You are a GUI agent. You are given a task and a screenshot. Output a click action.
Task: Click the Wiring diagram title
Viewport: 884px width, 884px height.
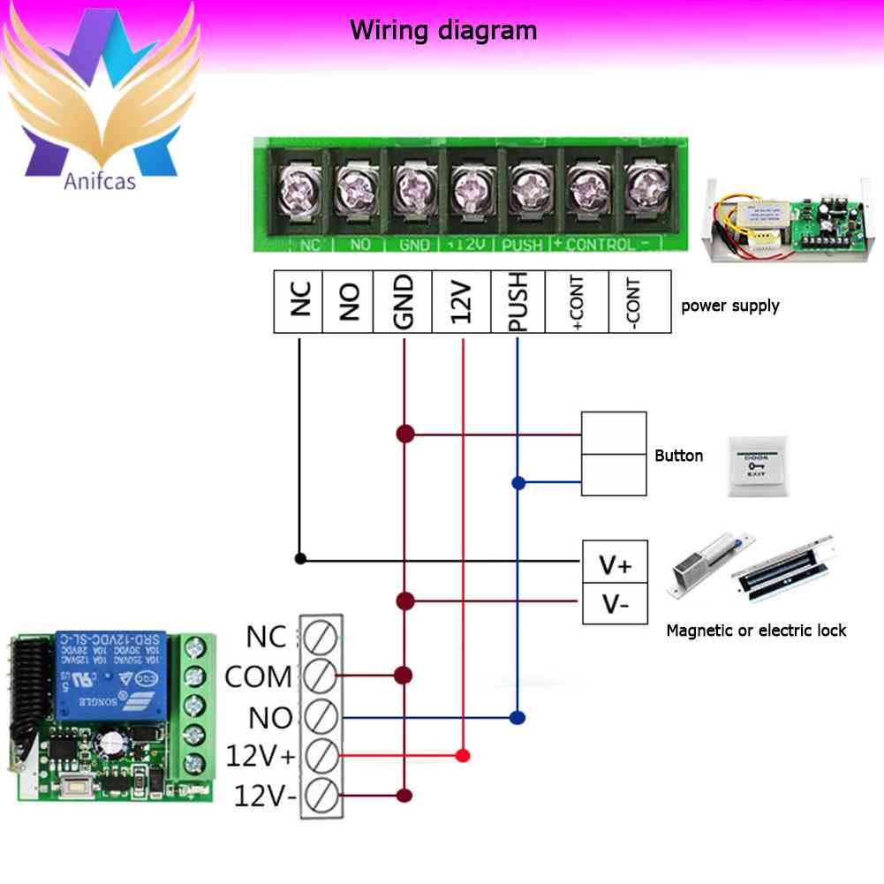click(x=443, y=31)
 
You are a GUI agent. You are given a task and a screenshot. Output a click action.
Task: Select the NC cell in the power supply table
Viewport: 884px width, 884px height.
click(x=298, y=302)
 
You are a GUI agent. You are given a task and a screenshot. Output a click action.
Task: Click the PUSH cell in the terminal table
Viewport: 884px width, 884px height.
click(x=518, y=302)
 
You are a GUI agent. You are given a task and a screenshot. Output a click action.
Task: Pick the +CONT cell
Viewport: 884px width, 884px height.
click(x=578, y=302)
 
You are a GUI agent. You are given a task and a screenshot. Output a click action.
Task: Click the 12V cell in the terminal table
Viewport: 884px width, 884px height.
click(x=462, y=302)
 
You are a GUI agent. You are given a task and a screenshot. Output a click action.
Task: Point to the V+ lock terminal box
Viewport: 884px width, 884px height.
click(x=615, y=563)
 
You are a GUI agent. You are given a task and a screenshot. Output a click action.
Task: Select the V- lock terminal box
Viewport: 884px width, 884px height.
click(x=615, y=604)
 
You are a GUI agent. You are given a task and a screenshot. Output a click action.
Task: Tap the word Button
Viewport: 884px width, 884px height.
click(x=678, y=456)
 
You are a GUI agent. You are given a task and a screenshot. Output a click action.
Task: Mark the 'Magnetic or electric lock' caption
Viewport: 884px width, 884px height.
click(x=756, y=631)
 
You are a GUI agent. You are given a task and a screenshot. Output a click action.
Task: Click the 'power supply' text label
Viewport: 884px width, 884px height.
click(x=729, y=306)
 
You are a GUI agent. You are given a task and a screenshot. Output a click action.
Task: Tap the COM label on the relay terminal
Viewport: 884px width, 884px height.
click(x=258, y=677)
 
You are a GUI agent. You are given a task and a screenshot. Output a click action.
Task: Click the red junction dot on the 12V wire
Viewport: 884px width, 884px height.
click(x=462, y=756)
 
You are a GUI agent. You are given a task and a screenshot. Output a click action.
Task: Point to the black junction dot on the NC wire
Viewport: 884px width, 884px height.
click(x=300, y=558)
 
